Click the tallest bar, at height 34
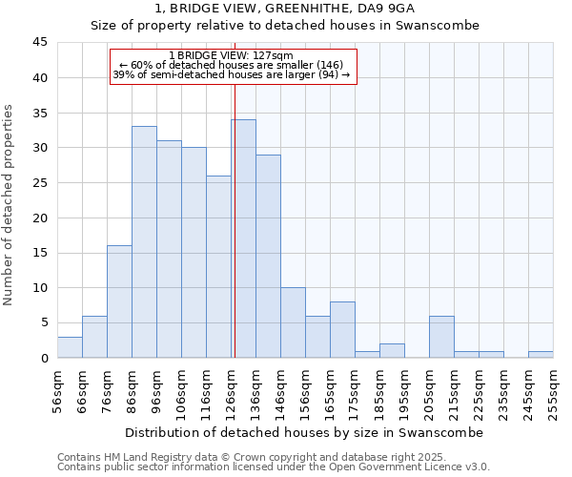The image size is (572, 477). pyautogui.click(x=243, y=238)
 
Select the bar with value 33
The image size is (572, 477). pyautogui.click(x=144, y=242)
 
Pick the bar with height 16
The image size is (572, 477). pyautogui.click(x=119, y=301)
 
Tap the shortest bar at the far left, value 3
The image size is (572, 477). pyautogui.click(x=70, y=347)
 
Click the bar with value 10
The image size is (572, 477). pyautogui.click(x=293, y=322)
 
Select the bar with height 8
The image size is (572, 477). pyautogui.click(x=342, y=330)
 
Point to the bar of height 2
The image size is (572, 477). pyautogui.click(x=392, y=351)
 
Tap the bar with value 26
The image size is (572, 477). pyautogui.click(x=218, y=266)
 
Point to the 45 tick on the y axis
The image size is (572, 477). pyautogui.click(x=40, y=43)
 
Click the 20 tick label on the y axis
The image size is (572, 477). pyautogui.click(x=40, y=218)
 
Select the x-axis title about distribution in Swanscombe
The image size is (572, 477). pyautogui.click(x=304, y=432)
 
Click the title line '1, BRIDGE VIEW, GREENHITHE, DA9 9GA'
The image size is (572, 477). pyautogui.click(x=285, y=9)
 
